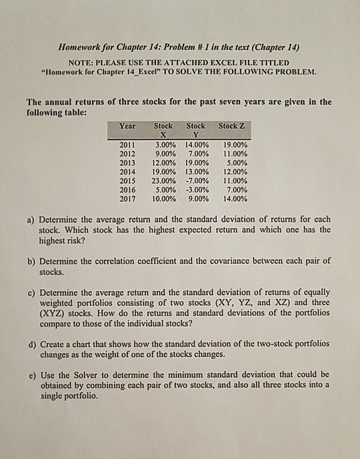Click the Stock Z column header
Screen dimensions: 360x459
tap(231, 125)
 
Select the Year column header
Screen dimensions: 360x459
tap(127, 125)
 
